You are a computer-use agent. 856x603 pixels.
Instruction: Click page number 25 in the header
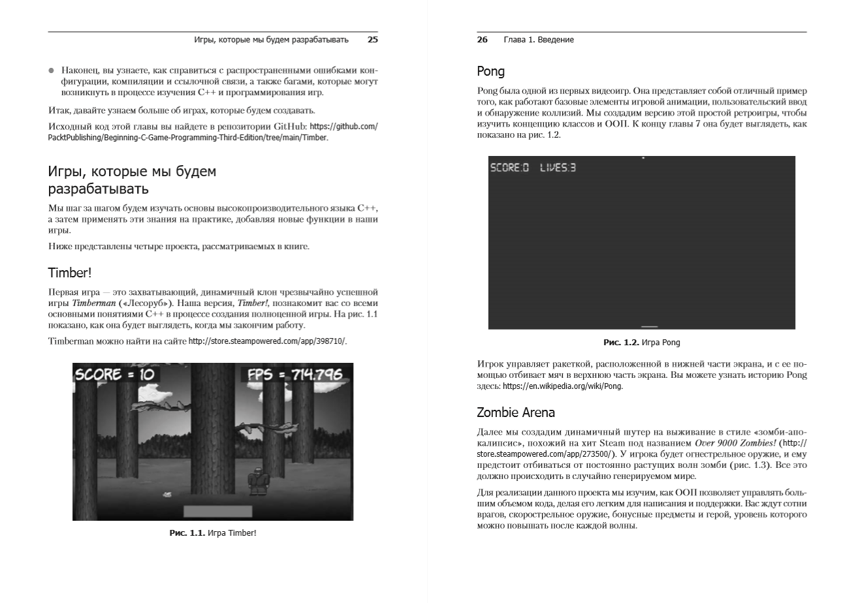coord(372,40)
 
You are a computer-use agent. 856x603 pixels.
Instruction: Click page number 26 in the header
coord(483,40)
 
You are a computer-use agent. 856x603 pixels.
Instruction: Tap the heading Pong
coord(490,71)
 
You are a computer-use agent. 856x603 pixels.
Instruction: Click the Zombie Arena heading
coord(516,412)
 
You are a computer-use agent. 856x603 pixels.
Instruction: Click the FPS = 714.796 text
coord(294,375)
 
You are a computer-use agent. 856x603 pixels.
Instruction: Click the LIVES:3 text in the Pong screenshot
coord(558,168)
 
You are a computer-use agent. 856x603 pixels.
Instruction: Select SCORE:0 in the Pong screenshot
coord(509,168)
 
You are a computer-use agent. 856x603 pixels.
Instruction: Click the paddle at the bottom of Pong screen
coord(649,326)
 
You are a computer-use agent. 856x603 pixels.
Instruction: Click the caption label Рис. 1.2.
coord(621,343)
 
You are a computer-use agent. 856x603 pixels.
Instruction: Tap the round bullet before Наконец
coord(52,70)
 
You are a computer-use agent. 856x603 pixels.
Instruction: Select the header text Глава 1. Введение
coord(539,40)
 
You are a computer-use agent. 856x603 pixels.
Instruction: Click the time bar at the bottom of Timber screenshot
coord(217,511)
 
